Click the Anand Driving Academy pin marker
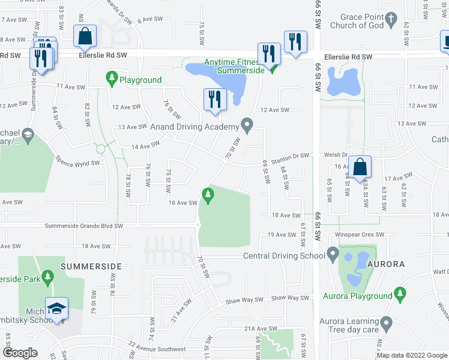(x=246, y=125)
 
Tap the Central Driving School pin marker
(x=333, y=255)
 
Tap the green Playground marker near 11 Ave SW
(x=112, y=78)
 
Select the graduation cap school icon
(x=57, y=308)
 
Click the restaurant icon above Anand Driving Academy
(x=215, y=99)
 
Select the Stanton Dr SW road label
(x=290, y=157)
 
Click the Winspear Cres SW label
(x=359, y=235)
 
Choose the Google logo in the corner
(x=20, y=353)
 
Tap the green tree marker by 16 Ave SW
(x=208, y=194)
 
